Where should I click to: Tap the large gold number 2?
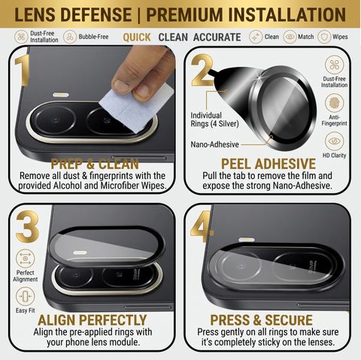(x=202, y=70)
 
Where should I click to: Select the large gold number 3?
(x=28, y=226)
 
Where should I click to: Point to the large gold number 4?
(x=202, y=226)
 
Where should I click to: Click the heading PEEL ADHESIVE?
(x=268, y=164)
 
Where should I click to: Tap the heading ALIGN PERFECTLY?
(x=93, y=320)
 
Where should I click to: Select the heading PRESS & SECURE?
(x=261, y=320)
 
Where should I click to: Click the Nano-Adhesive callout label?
(x=214, y=144)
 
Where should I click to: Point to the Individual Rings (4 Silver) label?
(x=214, y=119)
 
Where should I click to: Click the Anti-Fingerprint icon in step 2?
(x=334, y=103)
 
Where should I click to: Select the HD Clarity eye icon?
(x=334, y=141)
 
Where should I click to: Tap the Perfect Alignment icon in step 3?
(x=26, y=259)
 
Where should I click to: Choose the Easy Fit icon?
(x=26, y=297)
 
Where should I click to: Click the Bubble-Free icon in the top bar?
(x=70, y=37)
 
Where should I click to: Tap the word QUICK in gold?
(x=137, y=38)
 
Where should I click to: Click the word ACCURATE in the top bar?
(x=217, y=38)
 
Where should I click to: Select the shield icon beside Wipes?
(x=324, y=37)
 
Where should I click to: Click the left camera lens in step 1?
(x=56, y=120)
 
